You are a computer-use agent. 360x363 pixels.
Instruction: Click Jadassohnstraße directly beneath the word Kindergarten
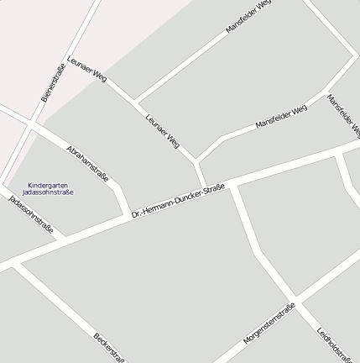click(48, 192)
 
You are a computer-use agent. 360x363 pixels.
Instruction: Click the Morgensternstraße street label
click(269, 324)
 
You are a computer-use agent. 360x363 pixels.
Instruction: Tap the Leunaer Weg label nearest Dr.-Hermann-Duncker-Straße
click(163, 131)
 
